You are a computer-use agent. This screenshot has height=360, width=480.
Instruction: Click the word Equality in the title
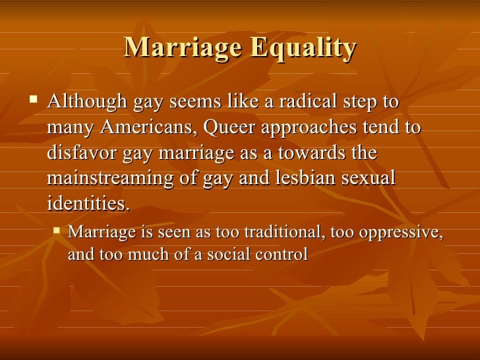[x=304, y=48]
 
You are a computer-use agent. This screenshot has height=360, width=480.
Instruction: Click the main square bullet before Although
[x=34, y=102]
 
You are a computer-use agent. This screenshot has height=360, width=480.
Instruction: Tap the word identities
[x=88, y=203]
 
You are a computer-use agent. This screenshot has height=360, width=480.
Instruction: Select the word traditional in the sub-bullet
[x=282, y=233]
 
